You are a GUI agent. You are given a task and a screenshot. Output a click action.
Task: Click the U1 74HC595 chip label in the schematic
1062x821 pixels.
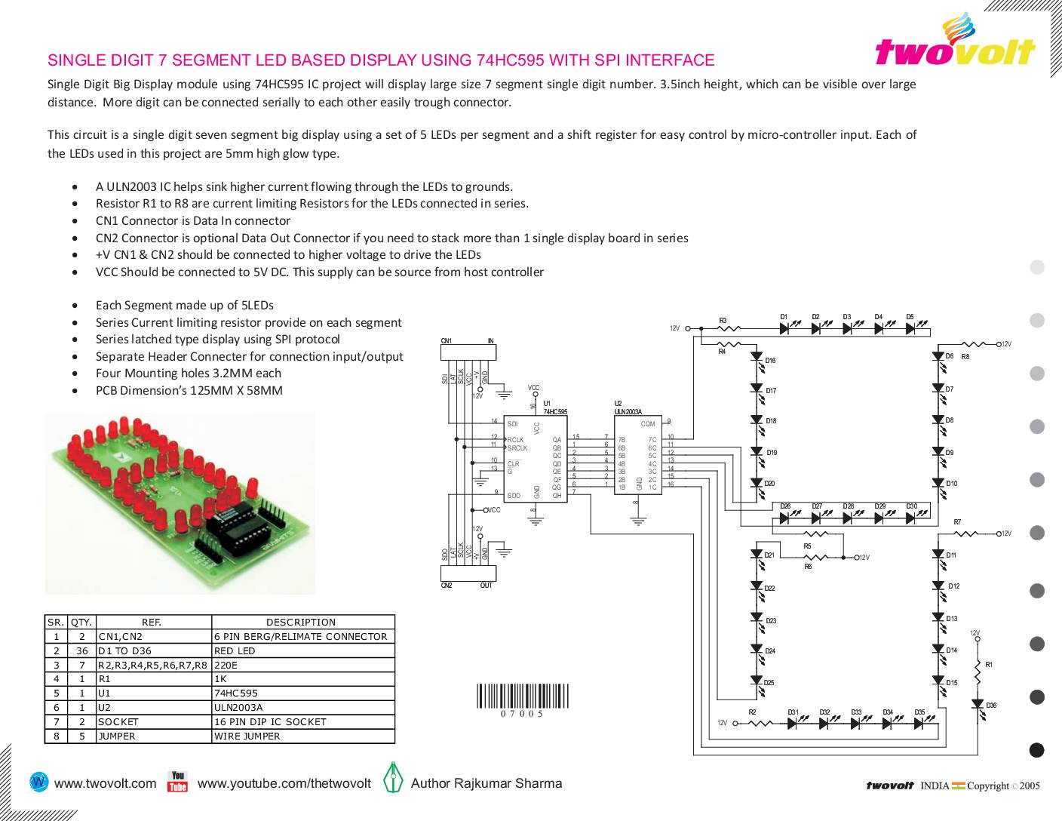(554, 411)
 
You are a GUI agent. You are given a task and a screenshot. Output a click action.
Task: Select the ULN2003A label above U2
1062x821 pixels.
(628, 411)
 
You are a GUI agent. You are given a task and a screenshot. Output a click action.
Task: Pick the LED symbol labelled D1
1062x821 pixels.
(785, 328)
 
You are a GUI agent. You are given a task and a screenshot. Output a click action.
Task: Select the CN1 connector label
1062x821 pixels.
(447, 341)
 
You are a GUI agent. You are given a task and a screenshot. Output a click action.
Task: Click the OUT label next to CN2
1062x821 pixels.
(486, 585)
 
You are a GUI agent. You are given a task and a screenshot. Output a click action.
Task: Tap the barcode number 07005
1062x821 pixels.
(522, 713)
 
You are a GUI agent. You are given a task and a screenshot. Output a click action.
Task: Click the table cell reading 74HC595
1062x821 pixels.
(236, 693)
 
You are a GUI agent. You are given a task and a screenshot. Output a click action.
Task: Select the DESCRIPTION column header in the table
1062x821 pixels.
(301, 623)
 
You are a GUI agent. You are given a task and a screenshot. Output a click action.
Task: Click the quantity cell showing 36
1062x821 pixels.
(81, 650)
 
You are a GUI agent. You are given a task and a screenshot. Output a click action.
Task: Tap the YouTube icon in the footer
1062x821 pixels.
(177, 782)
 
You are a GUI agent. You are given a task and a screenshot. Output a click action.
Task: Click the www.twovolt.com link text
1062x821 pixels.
(106, 783)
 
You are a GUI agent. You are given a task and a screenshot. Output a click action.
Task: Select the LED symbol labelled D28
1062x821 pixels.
(849, 518)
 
